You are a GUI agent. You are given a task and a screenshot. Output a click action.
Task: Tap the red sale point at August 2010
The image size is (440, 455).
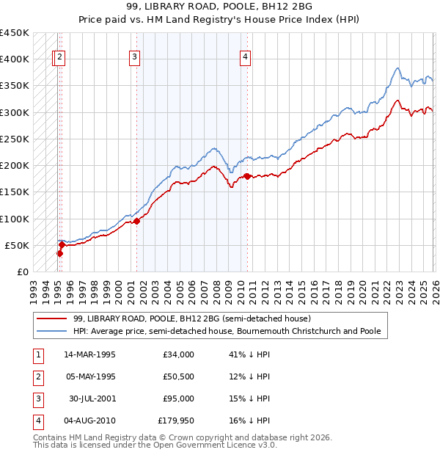247,176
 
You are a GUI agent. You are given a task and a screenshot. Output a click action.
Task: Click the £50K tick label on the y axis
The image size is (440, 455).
17,245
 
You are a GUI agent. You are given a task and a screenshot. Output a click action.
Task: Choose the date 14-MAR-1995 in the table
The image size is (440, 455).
89,354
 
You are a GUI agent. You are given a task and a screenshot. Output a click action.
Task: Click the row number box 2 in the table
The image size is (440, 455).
37,376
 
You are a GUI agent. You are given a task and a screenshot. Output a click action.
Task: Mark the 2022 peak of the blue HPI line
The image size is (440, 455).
397,68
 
